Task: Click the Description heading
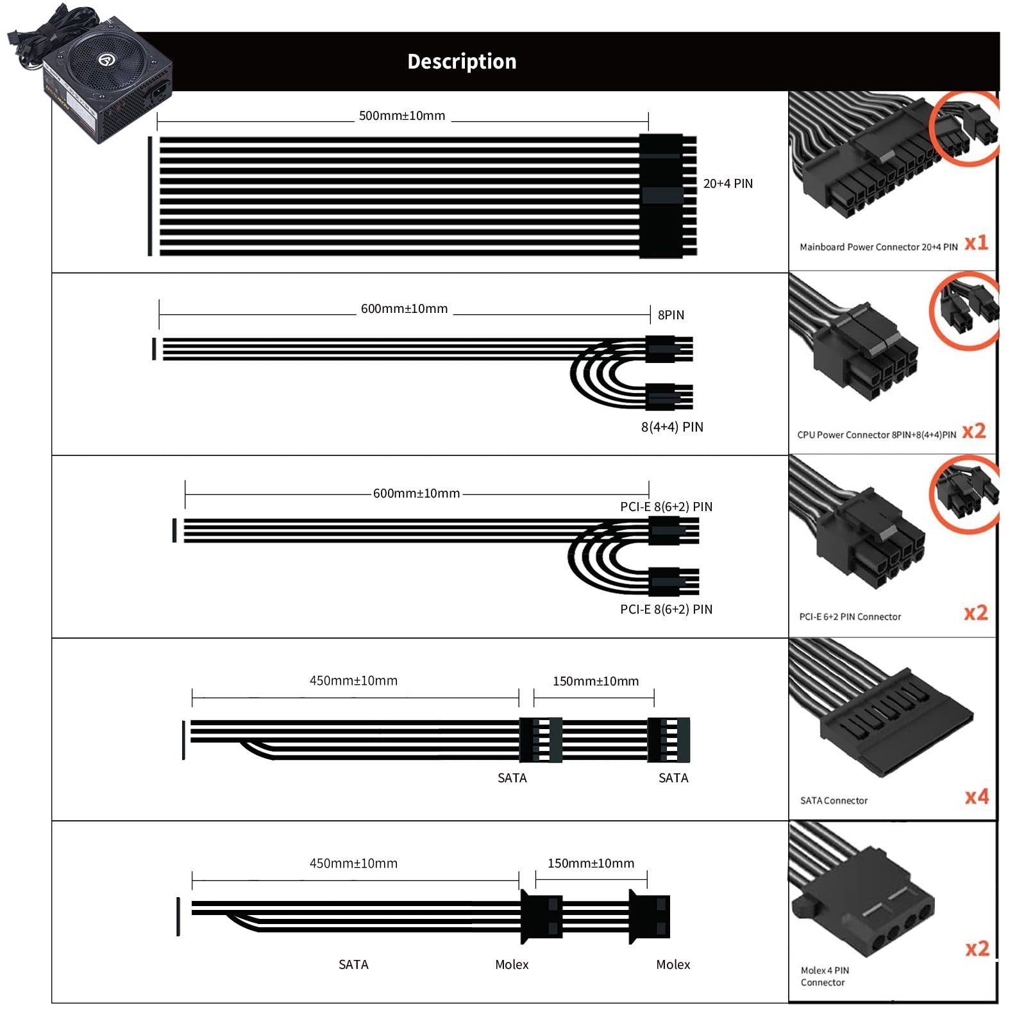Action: coord(462,62)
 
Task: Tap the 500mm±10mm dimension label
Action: coord(402,116)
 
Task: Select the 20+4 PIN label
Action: coord(728,183)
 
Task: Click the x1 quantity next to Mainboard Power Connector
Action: coord(976,243)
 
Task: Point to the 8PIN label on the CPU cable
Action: coord(671,315)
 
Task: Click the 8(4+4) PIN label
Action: coord(672,427)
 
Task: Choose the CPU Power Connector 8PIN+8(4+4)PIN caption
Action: coord(877,435)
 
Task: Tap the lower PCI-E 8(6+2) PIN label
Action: coord(666,609)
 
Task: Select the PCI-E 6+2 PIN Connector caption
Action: coord(850,617)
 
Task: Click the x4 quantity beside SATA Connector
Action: coord(977,797)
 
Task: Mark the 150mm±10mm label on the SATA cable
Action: coord(596,681)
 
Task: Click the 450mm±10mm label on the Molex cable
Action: coord(353,864)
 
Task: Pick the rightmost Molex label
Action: coord(673,964)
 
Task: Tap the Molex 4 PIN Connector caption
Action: coord(825,977)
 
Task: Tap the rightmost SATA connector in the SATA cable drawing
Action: coord(669,739)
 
